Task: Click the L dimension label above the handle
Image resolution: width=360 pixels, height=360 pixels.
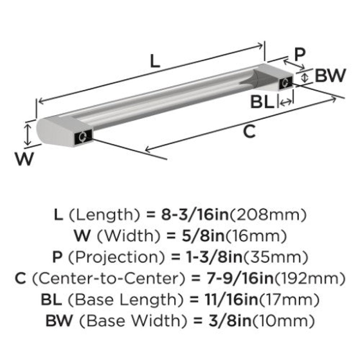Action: (155, 61)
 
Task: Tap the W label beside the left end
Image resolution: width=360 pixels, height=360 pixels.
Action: (24, 159)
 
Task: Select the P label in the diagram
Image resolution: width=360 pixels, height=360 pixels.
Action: (300, 54)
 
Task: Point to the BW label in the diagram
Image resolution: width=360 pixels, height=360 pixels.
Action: (330, 75)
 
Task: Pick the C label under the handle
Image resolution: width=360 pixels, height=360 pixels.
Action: (249, 131)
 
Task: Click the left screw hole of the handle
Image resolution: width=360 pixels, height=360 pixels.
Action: (83, 137)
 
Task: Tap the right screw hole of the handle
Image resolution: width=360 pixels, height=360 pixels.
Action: (286, 82)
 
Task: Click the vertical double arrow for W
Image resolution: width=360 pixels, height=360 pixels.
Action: (28, 135)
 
